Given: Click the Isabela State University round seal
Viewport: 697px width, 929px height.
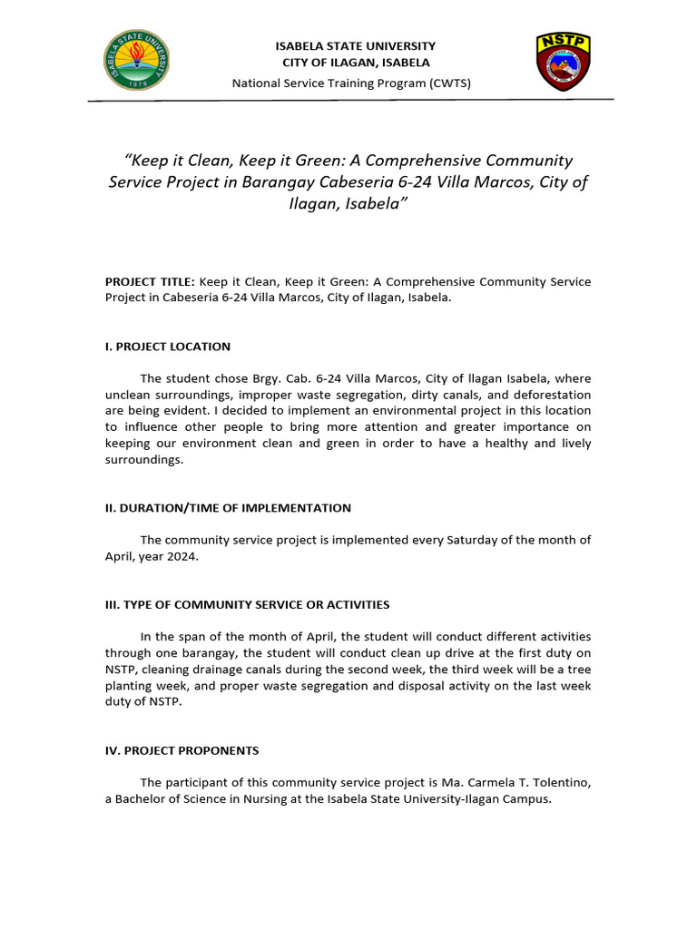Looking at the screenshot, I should pos(137,61).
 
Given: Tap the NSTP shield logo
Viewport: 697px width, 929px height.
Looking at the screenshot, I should pos(564,62).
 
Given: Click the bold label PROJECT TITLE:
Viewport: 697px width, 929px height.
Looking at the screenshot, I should pos(150,282).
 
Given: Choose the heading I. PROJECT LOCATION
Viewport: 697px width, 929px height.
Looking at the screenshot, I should pos(168,347).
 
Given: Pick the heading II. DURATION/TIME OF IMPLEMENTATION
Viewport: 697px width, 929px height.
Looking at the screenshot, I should pos(228,508).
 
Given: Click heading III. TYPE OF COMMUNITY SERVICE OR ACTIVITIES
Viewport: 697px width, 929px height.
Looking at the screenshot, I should pos(247,604).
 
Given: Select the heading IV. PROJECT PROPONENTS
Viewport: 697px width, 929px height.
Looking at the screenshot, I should pos(182,750).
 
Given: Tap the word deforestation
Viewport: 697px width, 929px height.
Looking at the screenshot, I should pos(549,395).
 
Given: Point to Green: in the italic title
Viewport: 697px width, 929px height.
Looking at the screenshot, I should pos(309,161).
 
